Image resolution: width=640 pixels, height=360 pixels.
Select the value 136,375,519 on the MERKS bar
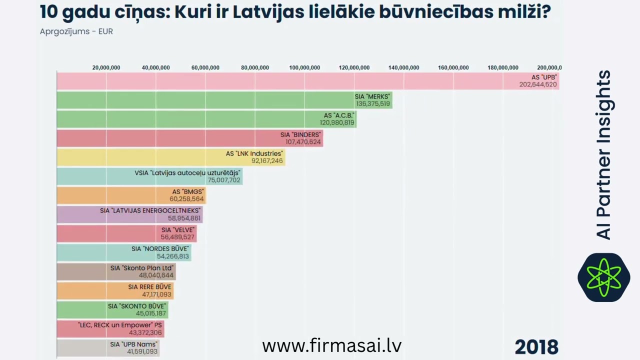click(372, 104)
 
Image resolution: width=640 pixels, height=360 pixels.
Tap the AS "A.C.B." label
click(339, 115)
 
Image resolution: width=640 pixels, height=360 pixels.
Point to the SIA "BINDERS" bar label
click(300, 134)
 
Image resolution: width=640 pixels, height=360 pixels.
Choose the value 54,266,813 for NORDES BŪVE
click(173, 256)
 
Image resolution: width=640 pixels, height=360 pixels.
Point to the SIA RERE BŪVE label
click(149, 287)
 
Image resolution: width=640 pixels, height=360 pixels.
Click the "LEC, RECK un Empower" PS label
click(120, 324)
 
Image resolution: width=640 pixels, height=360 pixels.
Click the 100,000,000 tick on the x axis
click(304, 68)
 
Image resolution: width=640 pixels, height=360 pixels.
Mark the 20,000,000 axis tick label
click(106, 68)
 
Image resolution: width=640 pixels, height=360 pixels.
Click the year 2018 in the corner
click(536, 346)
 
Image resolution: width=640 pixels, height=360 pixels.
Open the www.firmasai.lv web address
click(331, 345)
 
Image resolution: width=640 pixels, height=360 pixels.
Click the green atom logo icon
click(603, 277)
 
